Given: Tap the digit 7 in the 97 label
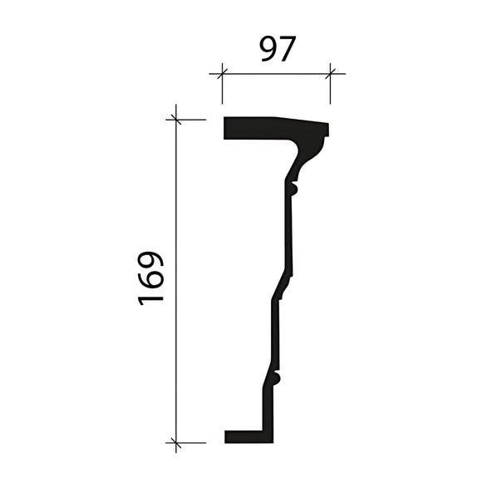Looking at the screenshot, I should pyautogui.click(x=288, y=49).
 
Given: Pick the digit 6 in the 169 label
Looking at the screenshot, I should pyautogui.click(x=152, y=278).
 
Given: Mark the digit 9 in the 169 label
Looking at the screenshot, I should pyautogui.click(x=152, y=259).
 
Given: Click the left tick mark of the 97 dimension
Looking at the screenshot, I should pyautogui.click(x=222, y=74).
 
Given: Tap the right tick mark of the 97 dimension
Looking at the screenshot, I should pyautogui.click(x=330, y=74).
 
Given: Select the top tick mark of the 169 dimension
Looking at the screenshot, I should pyautogui.click(x=176, y=119).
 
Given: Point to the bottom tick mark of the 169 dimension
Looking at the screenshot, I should pyautogui.click(x=176, y=443).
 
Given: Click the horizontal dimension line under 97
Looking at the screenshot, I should pyautogui.click(x=276, y=74).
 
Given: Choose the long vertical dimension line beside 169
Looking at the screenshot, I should pyautogui.click(x=176, y=332).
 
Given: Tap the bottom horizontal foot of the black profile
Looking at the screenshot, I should pyautogui.click(x=246, y=436).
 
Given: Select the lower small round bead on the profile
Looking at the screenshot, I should pyautogui.click(x=278, y=380).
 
